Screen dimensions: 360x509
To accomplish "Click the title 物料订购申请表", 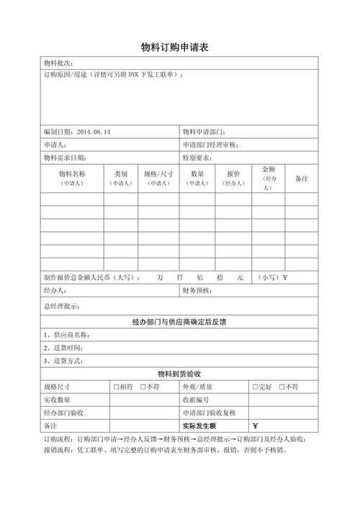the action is [179, 48].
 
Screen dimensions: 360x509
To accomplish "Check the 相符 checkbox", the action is [116, 387].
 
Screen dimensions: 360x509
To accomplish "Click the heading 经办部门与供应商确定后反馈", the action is [179, 321].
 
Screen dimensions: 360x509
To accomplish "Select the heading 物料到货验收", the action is [179, 373].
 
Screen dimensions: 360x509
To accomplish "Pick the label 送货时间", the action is [69, 348].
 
